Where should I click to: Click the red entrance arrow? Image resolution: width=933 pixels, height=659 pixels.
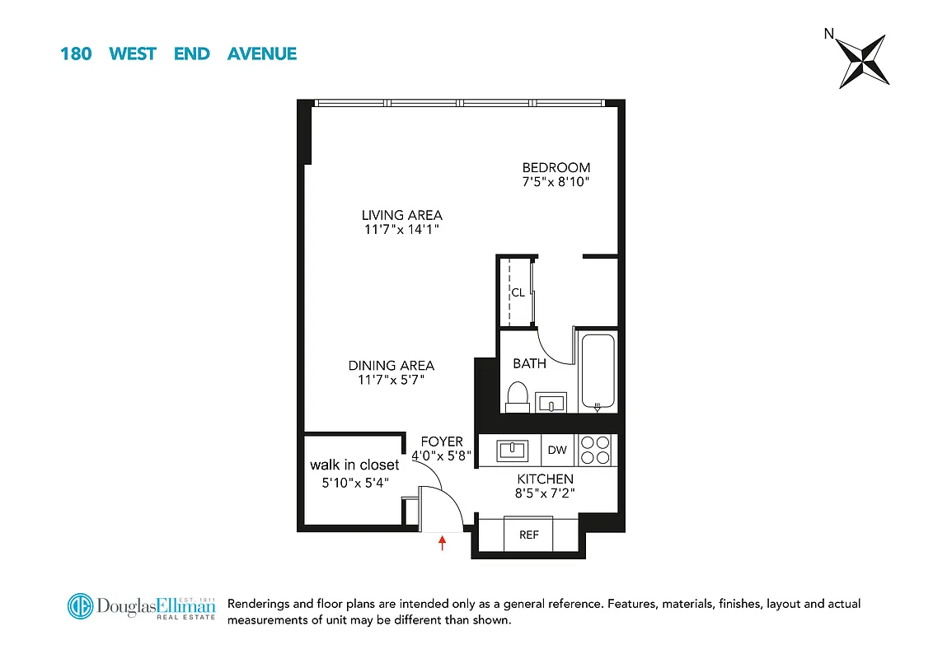443,542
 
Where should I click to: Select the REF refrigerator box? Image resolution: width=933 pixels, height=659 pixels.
528,535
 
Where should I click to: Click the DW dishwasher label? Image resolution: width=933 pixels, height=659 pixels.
558,450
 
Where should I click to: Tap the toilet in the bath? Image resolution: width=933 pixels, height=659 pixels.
518,396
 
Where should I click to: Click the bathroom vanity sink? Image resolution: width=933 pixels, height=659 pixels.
553,403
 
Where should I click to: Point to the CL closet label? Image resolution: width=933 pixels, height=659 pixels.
518,292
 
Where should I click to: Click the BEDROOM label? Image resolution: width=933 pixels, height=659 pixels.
556,167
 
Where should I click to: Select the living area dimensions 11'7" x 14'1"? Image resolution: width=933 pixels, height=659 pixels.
401,230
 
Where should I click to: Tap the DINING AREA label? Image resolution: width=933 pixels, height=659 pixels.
391,365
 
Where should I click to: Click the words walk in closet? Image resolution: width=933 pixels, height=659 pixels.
354,465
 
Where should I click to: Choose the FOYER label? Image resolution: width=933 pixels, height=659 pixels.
442,442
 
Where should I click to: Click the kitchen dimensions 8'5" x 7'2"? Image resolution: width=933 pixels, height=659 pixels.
545,493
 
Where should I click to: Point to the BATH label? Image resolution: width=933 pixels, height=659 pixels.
529,363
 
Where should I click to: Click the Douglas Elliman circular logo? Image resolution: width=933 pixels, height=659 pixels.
81,606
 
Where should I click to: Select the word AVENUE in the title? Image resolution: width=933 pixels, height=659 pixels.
261,54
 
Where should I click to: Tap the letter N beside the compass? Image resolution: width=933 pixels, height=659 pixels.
828,34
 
